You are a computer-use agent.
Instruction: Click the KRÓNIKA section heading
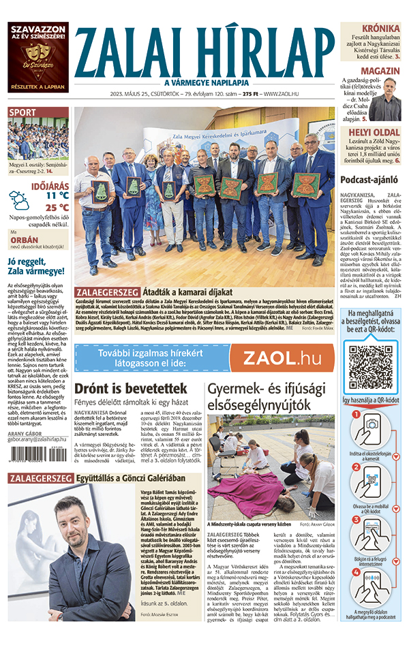pyautogui.click(x=380, y=29)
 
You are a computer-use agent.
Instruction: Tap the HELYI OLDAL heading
pyautogui.click(x=374, y=133)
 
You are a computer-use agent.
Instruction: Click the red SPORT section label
pyautogui.click(x=22, y=112)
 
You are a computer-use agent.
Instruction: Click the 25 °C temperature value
pyautogui.click(x=57, y=208)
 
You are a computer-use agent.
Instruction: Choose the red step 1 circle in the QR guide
pyautogui.click(x=354, y=415)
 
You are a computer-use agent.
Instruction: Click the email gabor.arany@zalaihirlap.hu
pyautogui.click(x=37, y=440)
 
